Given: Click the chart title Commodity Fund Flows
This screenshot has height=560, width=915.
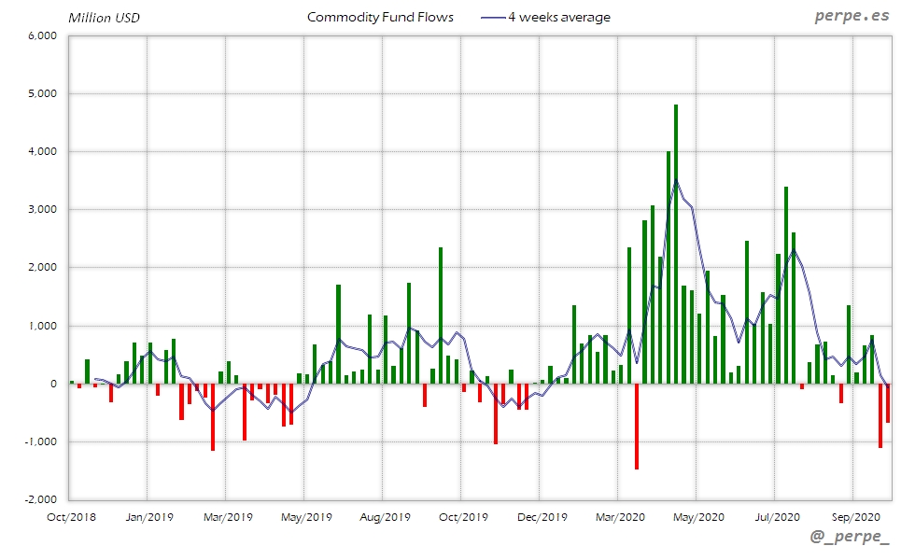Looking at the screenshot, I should point(380,18).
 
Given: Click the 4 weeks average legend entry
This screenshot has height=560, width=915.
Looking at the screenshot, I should point(546,18).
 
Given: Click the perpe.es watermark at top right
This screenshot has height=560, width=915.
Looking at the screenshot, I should point(852,17).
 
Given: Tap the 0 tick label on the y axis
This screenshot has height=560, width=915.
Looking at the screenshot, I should point(54,384).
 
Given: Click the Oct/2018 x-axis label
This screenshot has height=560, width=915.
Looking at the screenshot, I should point(70,515).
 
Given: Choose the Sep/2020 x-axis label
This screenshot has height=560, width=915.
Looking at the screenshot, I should point(853,515).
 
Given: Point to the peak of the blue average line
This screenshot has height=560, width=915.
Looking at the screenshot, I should point(676,180).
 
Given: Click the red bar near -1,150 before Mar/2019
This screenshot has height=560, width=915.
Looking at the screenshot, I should point(213,416).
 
